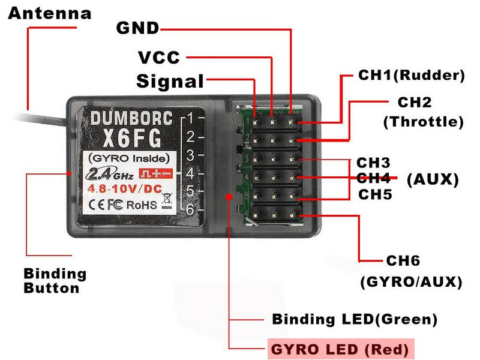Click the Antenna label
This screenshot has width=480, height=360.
tap(50, 13)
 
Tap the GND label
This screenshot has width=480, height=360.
tap(138, 28)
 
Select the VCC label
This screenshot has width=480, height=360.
tap(159, 58)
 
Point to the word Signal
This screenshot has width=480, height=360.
tap(170, 82)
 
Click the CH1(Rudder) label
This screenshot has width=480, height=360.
tap(412, 75)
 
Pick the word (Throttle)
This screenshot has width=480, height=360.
tap(424, 122)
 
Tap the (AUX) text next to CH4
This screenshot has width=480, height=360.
tap(433, 179)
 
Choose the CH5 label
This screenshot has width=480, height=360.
tap(375, 194)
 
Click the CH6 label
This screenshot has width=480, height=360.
tap(403, 261)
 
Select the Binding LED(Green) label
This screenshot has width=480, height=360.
tap(355, 319)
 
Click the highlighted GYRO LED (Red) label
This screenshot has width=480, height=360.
tap(340, 350)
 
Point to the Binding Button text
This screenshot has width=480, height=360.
tap(55, 281)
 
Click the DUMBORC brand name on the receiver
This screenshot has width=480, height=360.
tap(131, 118)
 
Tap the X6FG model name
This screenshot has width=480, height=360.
tap(132, 139)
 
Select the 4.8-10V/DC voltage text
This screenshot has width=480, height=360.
tap(125, 188)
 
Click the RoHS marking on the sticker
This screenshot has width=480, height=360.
tap(142, 205)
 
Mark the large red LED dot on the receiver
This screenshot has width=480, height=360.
tap(229, 196)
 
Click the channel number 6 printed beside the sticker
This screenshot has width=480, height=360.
tap(190, 209)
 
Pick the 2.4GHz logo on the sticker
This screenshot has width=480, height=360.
tap(110, 174)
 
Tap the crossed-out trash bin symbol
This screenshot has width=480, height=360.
tap(167, 201)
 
